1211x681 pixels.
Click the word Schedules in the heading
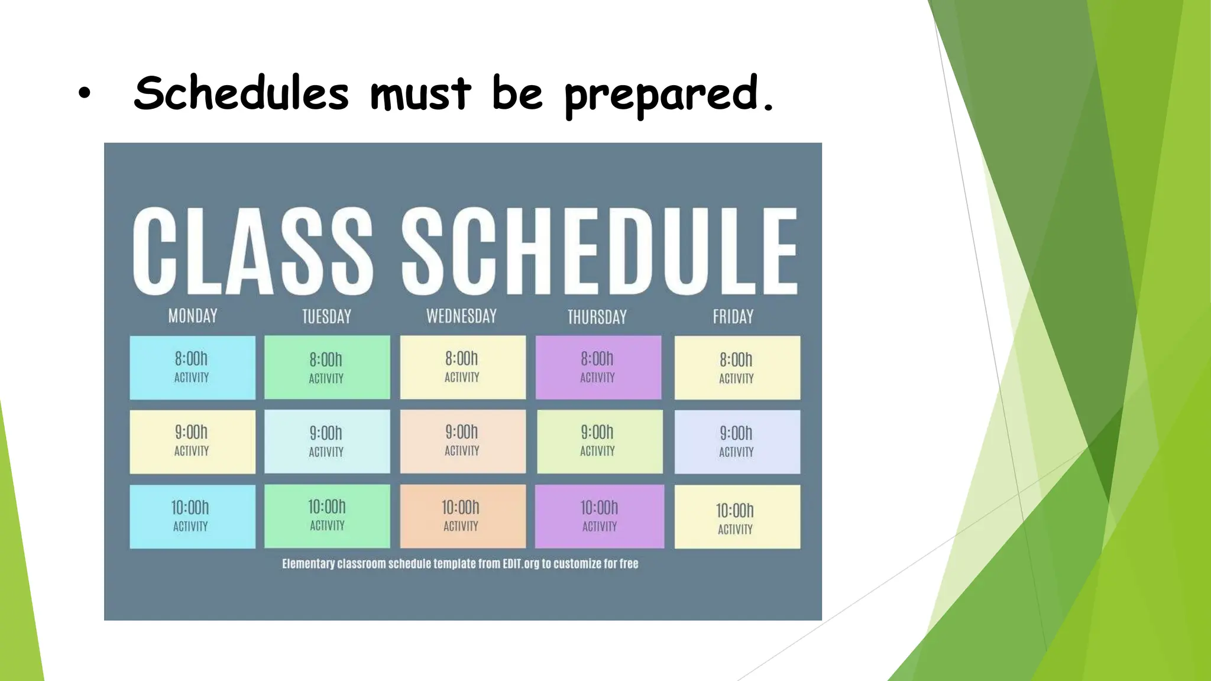click(241, 93)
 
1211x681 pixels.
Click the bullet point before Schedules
click(85, 93)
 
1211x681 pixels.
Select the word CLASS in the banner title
click(252, 251)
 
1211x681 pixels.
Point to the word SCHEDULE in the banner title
click(600, 251)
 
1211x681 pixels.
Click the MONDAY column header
click(193, 316)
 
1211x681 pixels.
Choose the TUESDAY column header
click(326, 317)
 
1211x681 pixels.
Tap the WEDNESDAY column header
click(461, 316)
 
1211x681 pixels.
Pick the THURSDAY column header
click(597, 317)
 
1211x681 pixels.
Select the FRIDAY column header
click(733, 317)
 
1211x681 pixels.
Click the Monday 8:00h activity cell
click(192, 367)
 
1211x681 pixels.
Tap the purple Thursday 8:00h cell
click(598, 367)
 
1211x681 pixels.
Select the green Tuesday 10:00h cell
click(327, 515)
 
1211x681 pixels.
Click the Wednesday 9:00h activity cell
click(462, 441)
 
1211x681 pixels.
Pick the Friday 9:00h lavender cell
click(737, 442)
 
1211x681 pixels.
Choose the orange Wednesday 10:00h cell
click(462, 516)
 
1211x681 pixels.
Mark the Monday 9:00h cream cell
click(192, 442)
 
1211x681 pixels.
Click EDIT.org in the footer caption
click(520, 564)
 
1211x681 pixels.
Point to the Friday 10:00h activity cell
click(737, 517)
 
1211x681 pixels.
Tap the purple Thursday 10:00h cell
click(599, 516)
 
